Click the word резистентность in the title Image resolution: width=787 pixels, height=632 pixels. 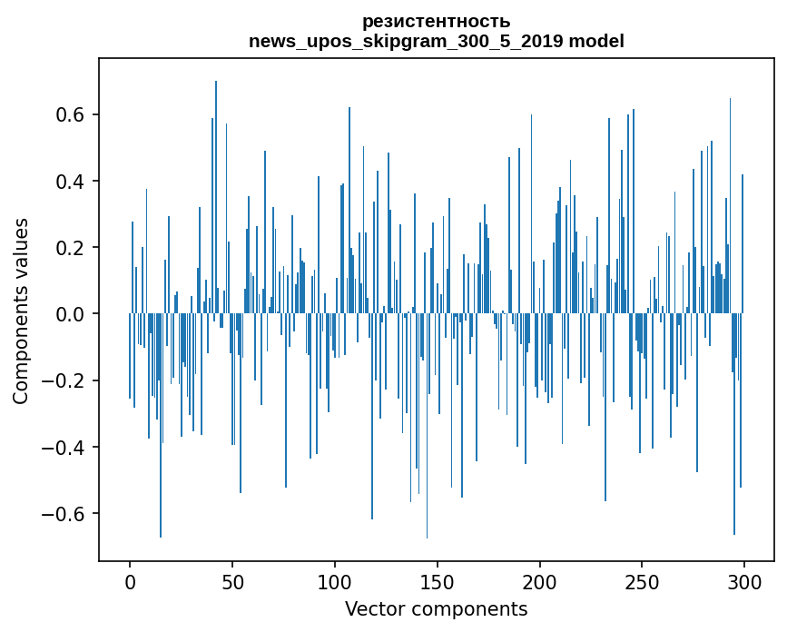pos(436,21)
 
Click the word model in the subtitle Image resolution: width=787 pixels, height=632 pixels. pos(596,41)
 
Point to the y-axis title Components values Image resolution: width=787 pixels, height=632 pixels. pos(21,311)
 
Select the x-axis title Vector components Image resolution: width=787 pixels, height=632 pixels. pos(436,608)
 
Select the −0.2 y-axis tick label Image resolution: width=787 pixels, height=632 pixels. pos(66,380)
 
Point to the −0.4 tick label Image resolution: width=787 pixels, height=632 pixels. pos(66,448)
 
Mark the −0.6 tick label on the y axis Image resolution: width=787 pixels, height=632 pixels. pos(66,514)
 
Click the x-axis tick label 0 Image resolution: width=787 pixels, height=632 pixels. pos(130,581)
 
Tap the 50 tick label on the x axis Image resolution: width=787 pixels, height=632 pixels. pos(232,581)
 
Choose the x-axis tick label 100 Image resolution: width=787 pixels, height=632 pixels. pos(335,581)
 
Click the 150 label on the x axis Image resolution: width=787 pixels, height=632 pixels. pos(438,581)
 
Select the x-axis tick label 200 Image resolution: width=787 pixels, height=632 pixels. pos(540,581)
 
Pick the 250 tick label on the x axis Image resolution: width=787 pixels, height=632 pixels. pos(642,581)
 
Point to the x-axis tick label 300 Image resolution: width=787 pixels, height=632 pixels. pos(744,581)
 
